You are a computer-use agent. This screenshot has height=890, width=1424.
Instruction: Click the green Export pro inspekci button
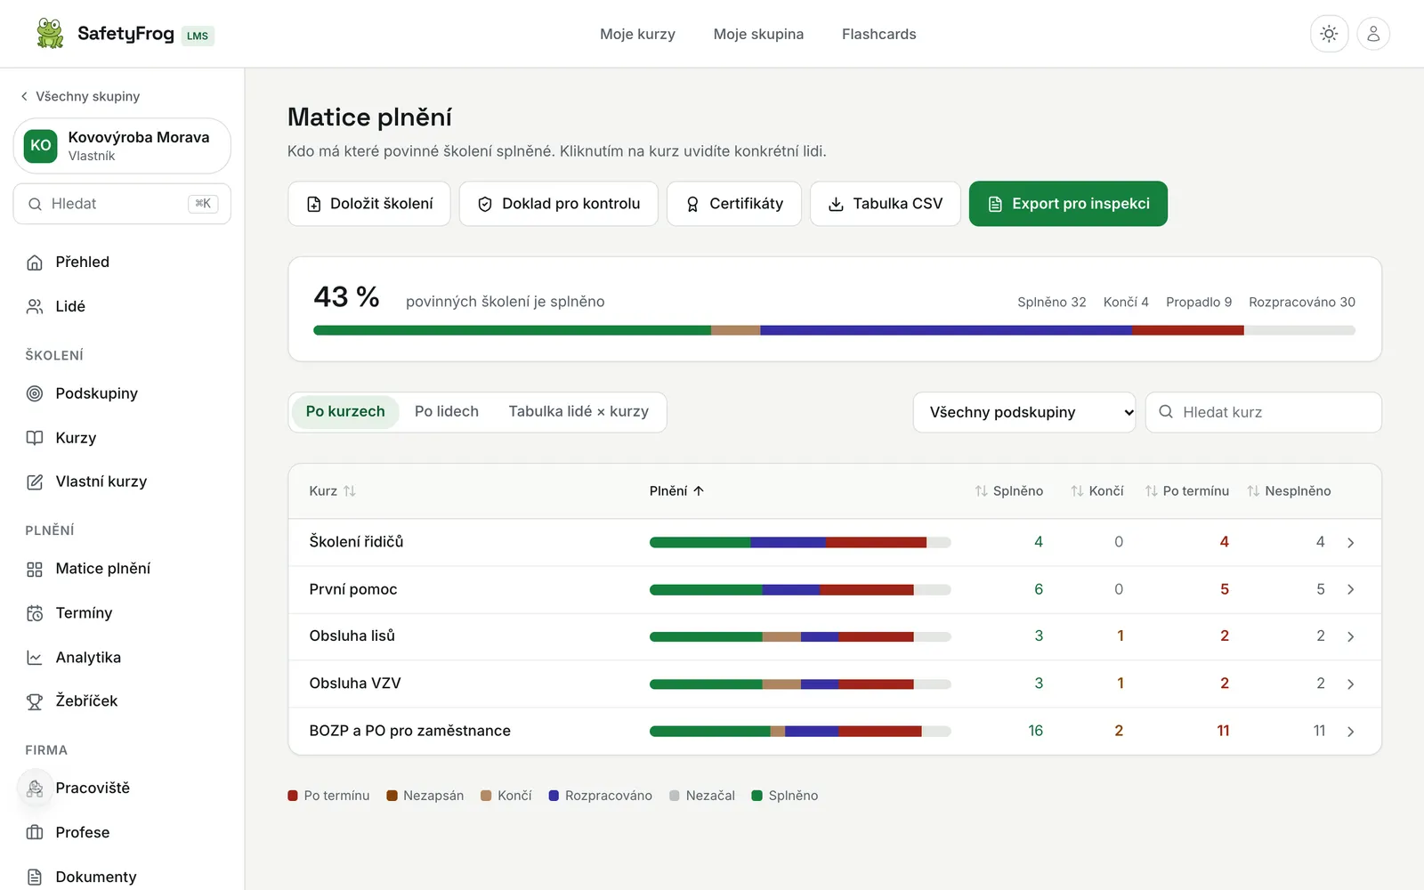click(1068, 204)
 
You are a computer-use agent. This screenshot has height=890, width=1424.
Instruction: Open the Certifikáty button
click(733, 204)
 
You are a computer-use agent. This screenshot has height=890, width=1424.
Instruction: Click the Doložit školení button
click(368, 204)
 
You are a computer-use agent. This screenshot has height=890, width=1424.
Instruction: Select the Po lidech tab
click(446, 411)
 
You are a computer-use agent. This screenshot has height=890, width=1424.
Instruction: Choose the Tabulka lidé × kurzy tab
click(578, 411)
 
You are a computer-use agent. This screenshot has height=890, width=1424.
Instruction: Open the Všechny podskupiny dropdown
click(1024, 412)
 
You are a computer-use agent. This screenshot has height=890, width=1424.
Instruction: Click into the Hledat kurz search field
click(1263, 412)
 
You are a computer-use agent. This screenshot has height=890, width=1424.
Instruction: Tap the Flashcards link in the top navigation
click(878, 34)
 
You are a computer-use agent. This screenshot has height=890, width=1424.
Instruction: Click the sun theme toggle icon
click(1329, 34)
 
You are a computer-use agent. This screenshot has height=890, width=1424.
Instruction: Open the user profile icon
click(1373, 34)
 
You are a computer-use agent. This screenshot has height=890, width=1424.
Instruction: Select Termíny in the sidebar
click(84, 613)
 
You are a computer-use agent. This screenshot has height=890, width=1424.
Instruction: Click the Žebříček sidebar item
click(85, 700)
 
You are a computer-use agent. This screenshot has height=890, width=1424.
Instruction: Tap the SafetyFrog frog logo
click(50, 33)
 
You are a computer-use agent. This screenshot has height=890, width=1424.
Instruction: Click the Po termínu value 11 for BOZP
click(1223, 731)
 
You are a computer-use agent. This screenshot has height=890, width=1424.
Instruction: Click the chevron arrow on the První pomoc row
click(1350, 589)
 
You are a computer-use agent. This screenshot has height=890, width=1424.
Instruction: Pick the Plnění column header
click(676, 490)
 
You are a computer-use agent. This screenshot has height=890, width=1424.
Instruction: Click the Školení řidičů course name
click(356, 542)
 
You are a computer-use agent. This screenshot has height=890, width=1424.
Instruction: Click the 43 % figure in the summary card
click(346, 297)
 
